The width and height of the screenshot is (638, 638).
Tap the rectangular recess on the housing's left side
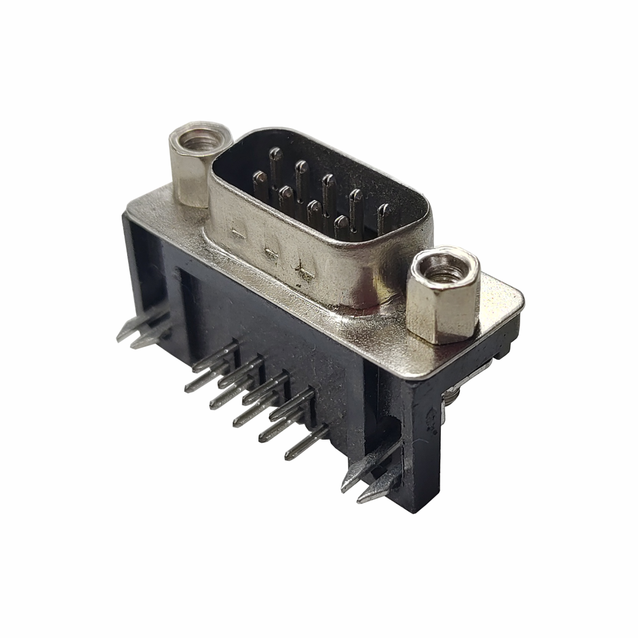click(154, 276)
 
